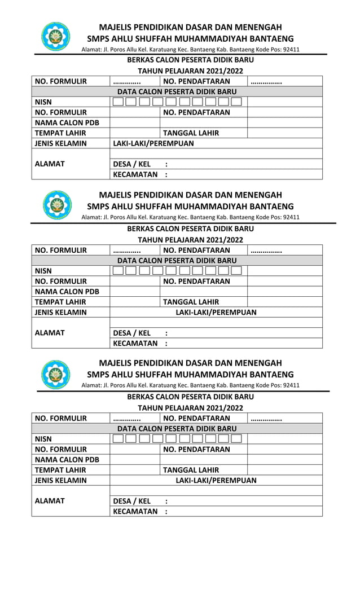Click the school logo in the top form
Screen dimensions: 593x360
[56, 37]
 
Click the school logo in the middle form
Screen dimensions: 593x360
[56, 205]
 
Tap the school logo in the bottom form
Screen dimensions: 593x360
[56, 374]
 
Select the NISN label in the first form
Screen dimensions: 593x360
[43, 102]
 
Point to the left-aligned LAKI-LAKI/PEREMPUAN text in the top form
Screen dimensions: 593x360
[153, 143]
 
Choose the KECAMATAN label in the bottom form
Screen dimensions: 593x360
[135, 512]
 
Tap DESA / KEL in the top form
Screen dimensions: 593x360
[132, 164]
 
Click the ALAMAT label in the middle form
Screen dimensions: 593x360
[50, 333]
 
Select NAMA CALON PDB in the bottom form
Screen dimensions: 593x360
[67, 460]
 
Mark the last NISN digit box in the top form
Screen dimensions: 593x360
[236, 102]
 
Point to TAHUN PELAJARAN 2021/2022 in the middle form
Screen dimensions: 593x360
[190, 240]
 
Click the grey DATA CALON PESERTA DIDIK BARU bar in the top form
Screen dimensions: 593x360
[177, 91]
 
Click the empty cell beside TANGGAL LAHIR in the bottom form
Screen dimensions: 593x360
[284, 470]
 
